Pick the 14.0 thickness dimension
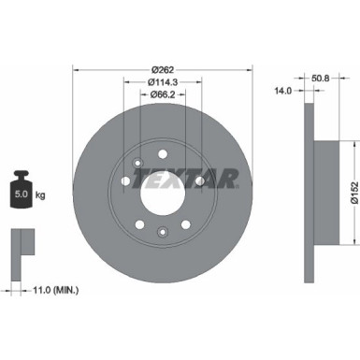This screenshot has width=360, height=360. click(x=281, y=90)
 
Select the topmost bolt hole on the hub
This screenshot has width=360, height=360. click(x=163, y=155)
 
